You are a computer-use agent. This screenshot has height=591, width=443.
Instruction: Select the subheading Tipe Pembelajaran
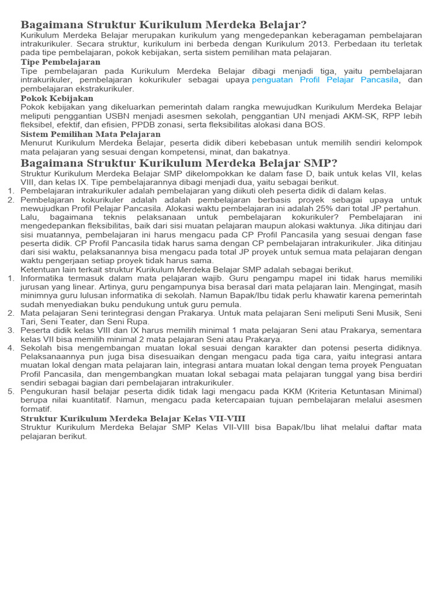click(61, 62)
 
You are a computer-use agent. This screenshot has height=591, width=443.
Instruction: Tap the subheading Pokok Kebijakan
click(57, 99)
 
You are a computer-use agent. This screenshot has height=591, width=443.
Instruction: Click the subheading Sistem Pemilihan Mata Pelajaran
click(91, 134)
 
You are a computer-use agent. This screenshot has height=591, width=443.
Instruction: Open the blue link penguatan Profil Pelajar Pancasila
click(326, 80)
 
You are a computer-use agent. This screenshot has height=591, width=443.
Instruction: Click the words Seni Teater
click(61, 321)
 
